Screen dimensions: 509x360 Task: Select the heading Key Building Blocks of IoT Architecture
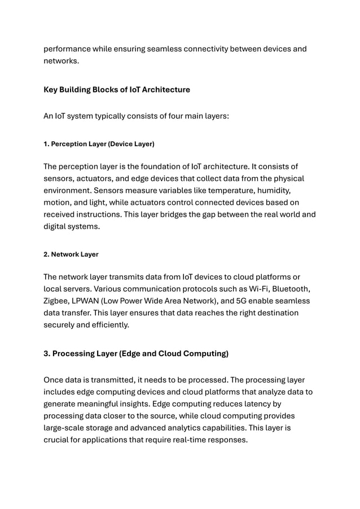[117, 90]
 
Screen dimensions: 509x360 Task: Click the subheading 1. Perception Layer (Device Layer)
[99, 144]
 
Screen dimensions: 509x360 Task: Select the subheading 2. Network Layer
[71, 254]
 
